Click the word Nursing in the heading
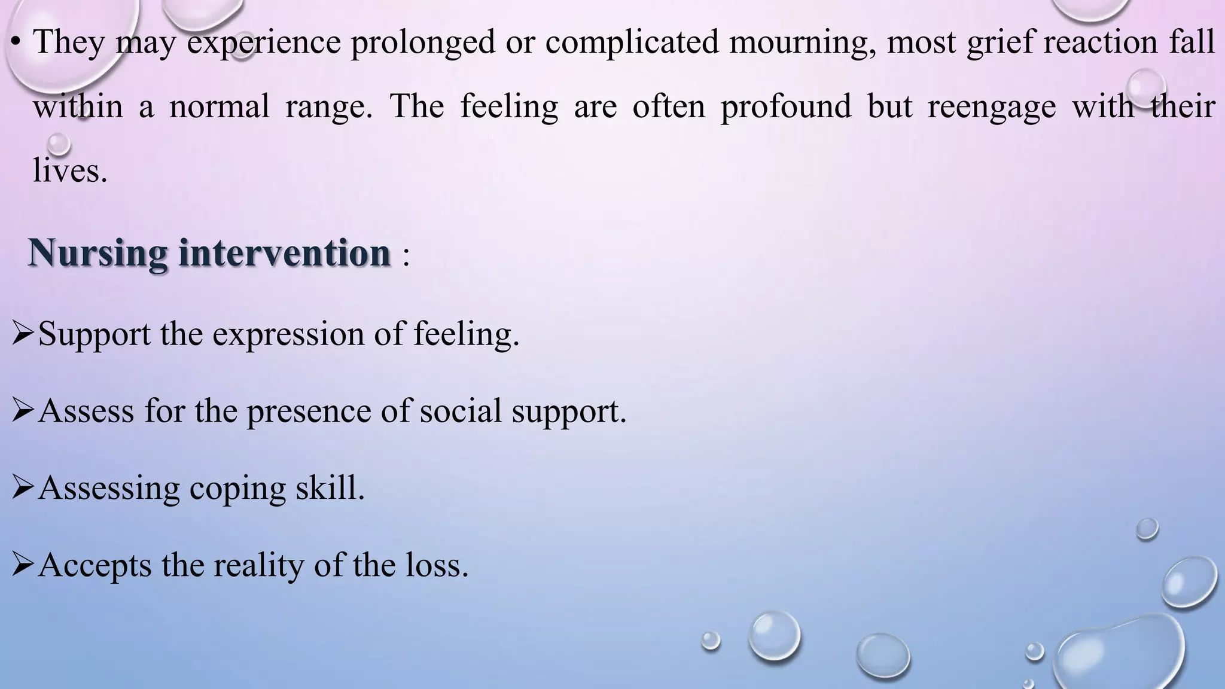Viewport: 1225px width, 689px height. coord(97,253)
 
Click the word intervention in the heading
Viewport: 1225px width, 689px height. coord(285,253)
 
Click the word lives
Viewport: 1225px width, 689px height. coord(69,171)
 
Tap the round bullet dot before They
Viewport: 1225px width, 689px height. coord(16,42)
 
